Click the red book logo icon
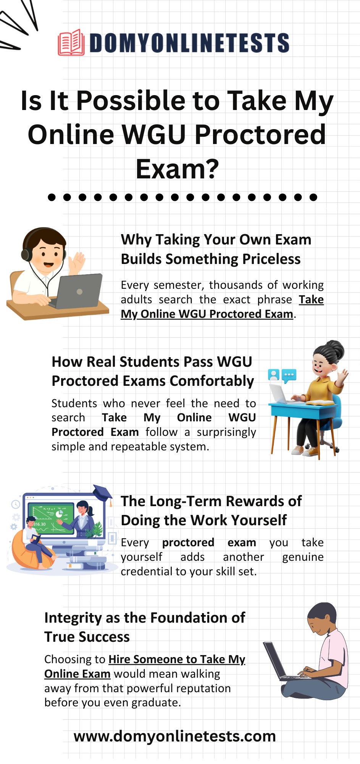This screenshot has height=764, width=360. [x=71, y=42]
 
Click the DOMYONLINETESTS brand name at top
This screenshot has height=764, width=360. [x=189, y=43]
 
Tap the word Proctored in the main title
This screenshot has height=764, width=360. [x=260, y=134]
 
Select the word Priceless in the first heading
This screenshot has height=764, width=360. [x=271, y=259]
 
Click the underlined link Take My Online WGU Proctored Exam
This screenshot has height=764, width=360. [x=222, y=307]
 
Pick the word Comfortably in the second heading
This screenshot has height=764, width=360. [x=212, y=381]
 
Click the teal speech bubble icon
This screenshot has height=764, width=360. [x=289, y=376]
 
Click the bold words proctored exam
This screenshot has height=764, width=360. [x=209, y=542]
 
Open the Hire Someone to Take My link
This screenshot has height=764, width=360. [x=177, y=659]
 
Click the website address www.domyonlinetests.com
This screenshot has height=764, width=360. [x=175, y=736]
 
